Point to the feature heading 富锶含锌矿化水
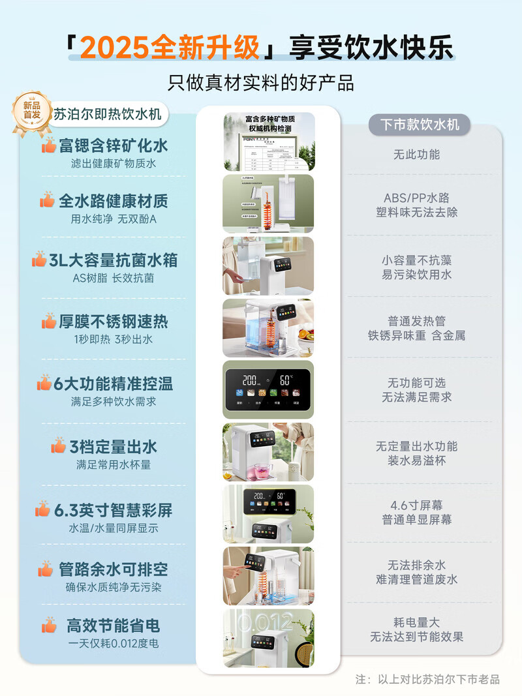point(113,145)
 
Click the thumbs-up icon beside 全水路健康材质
point(47,201)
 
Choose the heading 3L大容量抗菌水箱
point(113,260)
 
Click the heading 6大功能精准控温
point(113,383)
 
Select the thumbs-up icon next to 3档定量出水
point(59,446)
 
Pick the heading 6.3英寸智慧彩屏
point(113,509)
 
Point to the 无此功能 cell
point(416,155)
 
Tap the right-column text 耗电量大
point(416,622)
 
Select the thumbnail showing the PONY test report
point(269,142)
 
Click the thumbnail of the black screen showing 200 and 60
point(269,389)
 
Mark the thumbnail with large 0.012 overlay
point(269,638)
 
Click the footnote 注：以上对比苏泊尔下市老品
point(427,679)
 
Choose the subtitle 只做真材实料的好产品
point(261,83)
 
